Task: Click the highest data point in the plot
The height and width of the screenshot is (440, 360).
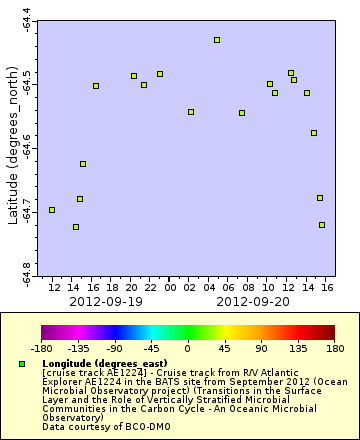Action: (217, 40)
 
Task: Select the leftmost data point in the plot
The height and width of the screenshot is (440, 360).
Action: (52, 210)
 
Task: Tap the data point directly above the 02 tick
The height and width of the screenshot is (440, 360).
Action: (191, 112)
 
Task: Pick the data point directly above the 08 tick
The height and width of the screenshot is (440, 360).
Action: (242, 113)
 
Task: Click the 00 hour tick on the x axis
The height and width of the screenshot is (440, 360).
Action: (171, 288)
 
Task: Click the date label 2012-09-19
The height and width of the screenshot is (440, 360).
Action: (105, 301)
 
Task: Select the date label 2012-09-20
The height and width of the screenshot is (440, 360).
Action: (253, 301)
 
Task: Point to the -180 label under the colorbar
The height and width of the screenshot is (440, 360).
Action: (41, 349)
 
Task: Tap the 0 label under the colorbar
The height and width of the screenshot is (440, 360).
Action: (188, 349)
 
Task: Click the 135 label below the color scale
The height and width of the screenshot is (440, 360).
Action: (298, 349)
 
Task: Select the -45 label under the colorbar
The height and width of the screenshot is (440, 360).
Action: (151, 349)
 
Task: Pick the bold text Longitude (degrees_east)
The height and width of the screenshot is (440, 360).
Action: (104, 363)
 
